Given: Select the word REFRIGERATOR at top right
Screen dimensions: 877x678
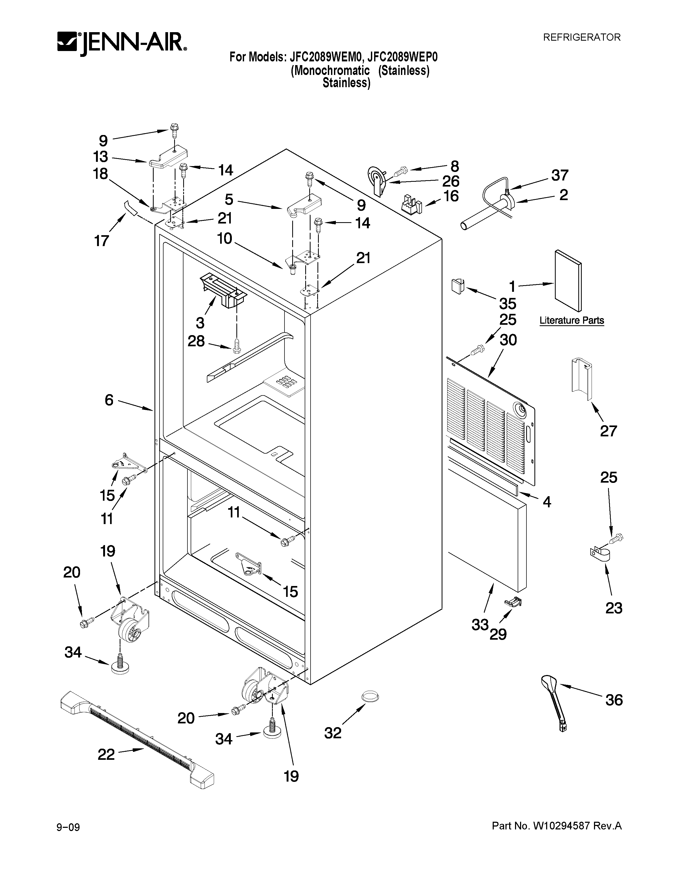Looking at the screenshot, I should pos(581,37).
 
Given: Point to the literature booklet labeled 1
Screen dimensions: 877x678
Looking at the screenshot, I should pos(568,281).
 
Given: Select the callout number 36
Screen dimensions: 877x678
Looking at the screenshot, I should pos(613,700).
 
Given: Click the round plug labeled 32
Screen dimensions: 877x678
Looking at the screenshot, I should pos(370,697).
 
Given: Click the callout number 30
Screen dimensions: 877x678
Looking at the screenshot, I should pos(508,340).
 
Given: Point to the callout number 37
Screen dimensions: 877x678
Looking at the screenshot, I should pos(559,175).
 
